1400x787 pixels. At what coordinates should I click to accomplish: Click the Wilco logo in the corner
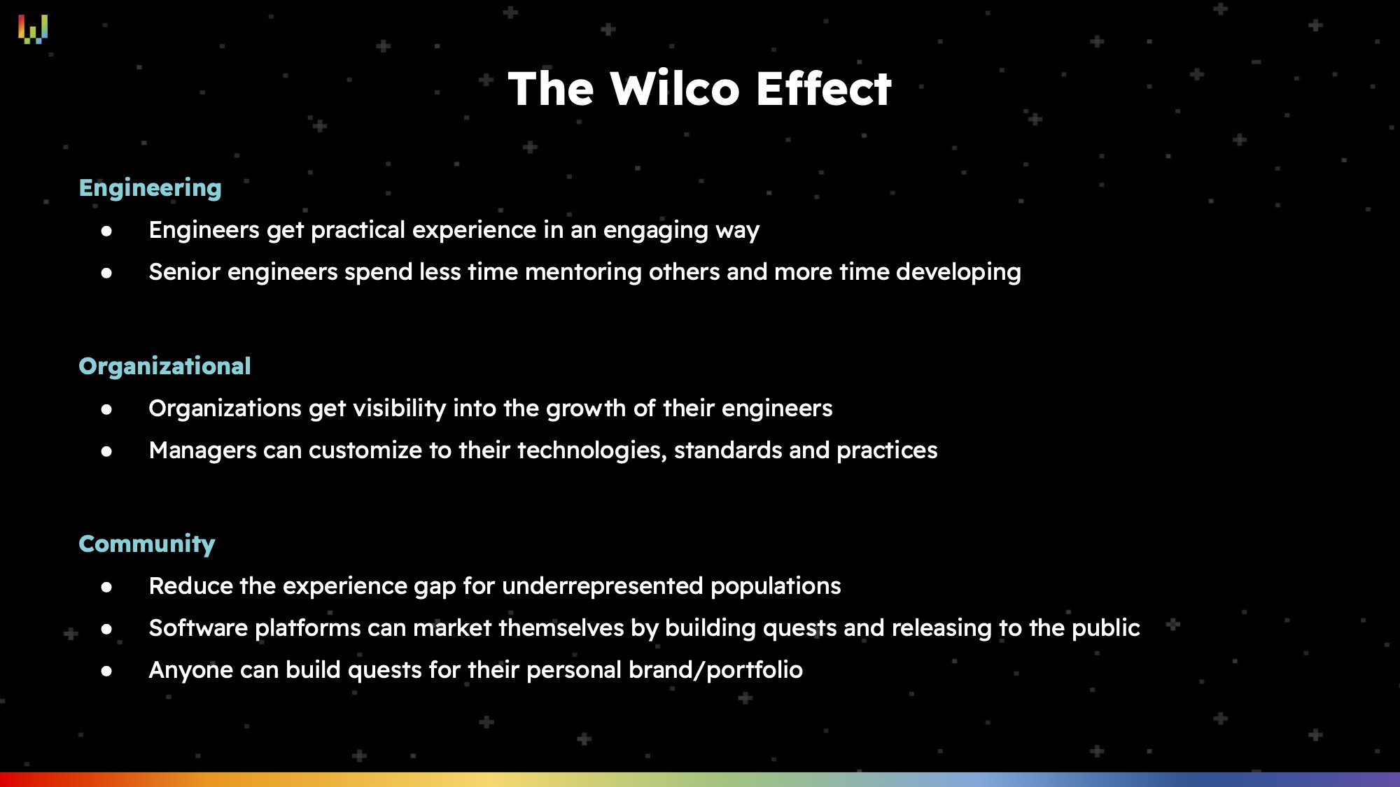click(x=33, y=29)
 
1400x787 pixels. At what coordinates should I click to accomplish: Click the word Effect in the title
click(x=823, y=89)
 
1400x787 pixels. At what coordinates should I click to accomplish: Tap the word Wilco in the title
click(x=675, y=89)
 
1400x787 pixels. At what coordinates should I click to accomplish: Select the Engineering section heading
click(x=150, y=188)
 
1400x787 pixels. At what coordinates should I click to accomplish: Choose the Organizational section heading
click(x=164, y=366)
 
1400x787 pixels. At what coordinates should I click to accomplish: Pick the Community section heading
click(x=147, y=544)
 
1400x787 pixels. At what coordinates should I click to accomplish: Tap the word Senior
click(x=185, y=271)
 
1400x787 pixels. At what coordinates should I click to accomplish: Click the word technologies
click(x=592, y=451)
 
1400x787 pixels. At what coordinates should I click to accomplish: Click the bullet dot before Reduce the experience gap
click(x=106, y=587)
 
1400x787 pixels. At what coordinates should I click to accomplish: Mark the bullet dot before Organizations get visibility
click(x=106, y=409)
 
